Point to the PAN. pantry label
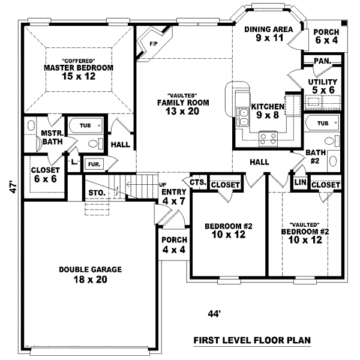tap(322, 61)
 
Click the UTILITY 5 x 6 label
tap(322, 85)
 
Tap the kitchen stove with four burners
tap(268, 139)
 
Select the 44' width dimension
tap(213, 313)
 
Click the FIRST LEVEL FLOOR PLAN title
tap(251, 340)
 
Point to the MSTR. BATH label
tap(49, 137)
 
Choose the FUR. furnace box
tap(94, 163)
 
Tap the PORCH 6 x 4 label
tap(326, 36)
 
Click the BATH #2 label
tap(316, 157)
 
